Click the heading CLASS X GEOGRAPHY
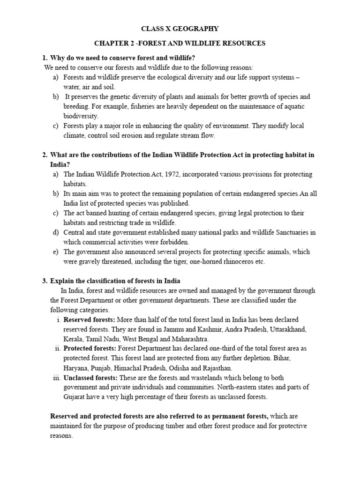[x=180, y=29]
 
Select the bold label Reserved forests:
[x=89, y=319]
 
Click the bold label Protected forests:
[x=90, y=348]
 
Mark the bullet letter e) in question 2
[x=55, y=252]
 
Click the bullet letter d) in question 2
[x=55, y=232]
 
